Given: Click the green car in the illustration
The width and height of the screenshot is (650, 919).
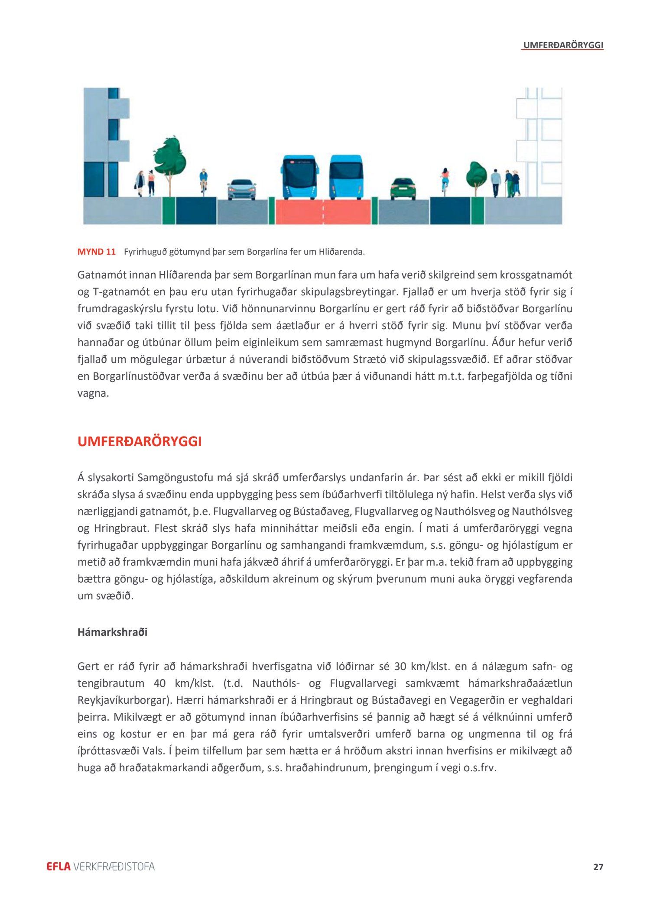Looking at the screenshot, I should (x=403, y=189).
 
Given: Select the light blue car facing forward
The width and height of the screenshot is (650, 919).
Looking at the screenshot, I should (x=242, y=189).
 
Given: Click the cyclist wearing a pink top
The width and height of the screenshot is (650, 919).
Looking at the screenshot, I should (x=445, y=179).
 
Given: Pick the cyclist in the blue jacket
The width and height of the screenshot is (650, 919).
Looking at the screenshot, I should (x=203, y=180).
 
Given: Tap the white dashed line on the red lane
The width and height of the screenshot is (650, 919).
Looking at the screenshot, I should (x=323, y=212).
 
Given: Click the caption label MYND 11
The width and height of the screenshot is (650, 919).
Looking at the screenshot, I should (x=97, y=252).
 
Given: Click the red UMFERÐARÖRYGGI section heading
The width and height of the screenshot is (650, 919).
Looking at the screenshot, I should (x=140, y=441).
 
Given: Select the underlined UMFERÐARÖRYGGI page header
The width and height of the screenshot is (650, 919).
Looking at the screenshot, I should (x=563, y=45).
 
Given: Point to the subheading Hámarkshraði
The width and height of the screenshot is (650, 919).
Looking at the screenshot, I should (x=112, y=632).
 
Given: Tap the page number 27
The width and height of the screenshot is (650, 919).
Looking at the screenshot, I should (x=598, y=867).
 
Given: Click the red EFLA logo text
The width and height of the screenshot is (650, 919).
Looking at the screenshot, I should (x=58, y=867).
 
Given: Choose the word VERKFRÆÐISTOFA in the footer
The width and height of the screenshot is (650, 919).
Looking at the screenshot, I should (x=114, y=867).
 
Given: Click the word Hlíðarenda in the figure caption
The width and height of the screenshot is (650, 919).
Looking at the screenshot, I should (x=341, y=252).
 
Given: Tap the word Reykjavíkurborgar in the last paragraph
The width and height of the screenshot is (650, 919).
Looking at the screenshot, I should (x=123, y=700).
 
